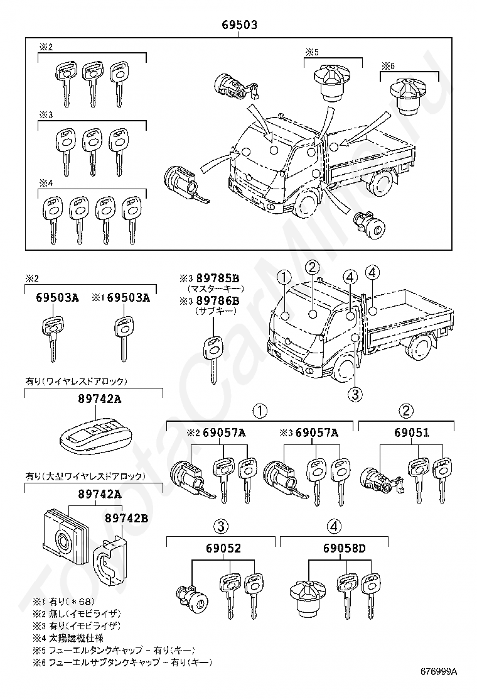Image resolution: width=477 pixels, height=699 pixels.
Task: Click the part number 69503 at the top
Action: coord(239,25)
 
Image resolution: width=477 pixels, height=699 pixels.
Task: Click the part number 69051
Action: coord(412,432)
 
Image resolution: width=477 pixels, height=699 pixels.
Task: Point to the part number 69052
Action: coord(223,548)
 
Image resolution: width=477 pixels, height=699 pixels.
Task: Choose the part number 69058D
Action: coord(345,548)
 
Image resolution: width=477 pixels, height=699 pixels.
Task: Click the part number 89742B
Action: coord(126,518)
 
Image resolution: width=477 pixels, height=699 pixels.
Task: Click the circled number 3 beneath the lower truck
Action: coord(355,394)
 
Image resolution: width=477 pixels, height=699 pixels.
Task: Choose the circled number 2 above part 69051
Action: coord(407,411)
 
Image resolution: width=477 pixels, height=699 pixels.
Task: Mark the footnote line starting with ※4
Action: coord(68,637)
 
